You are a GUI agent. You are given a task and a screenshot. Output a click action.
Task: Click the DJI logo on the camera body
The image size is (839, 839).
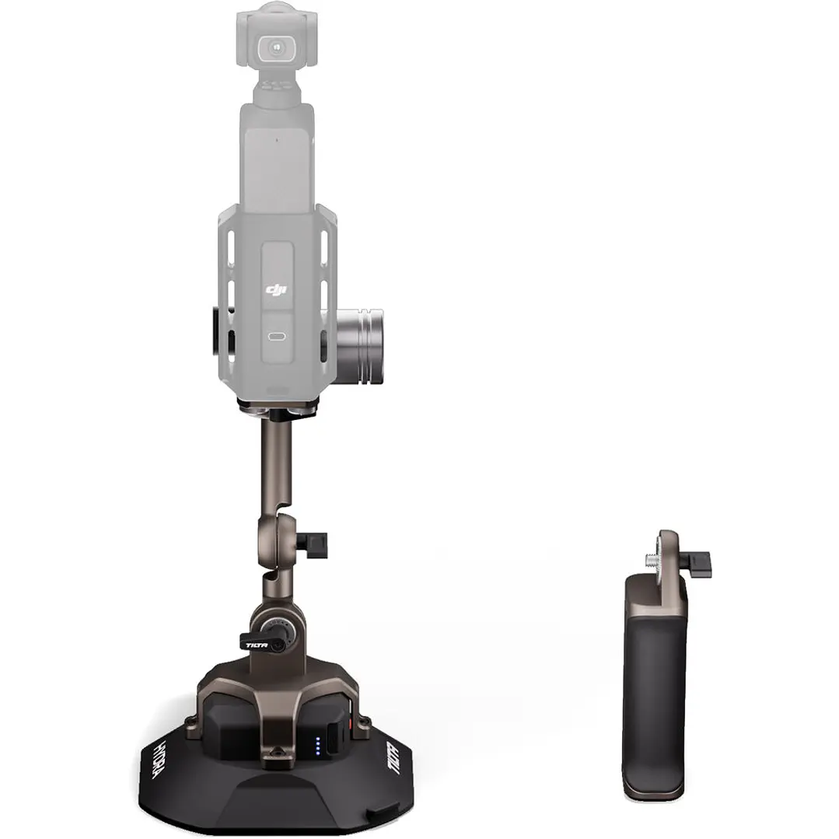tap(277, 290)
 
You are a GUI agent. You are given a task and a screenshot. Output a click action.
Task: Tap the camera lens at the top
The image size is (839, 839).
tap(276, 47)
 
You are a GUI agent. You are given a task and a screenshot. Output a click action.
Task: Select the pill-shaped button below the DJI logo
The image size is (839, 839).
tap(277, 337)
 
